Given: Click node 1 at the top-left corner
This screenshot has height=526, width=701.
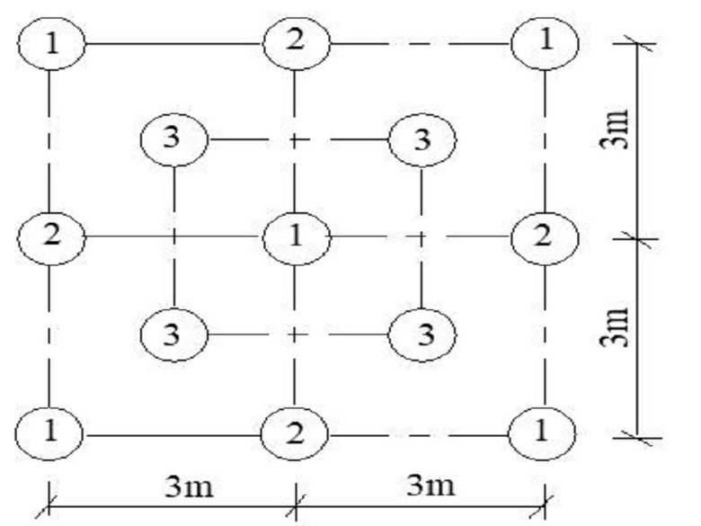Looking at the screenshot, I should (x=50, y=43).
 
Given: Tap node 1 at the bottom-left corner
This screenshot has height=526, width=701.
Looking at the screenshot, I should (x=50, y=432).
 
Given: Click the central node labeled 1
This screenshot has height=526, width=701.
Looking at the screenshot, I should (x=296, y=237).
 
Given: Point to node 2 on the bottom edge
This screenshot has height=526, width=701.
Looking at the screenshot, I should (x=295, y=432).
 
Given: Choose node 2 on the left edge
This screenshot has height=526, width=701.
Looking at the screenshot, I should (x=52, y=237).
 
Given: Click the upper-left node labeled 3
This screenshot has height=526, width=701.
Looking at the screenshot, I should (x=174, y=139).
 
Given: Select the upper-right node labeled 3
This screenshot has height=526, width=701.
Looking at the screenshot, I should (x=422, y=139).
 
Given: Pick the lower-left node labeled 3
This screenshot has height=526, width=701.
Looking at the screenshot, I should (x=174, y=334).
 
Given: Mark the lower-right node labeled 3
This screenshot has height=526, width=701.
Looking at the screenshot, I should (x=422, y=334).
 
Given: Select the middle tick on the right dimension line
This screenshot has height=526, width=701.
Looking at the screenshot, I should (x=637, y=238).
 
